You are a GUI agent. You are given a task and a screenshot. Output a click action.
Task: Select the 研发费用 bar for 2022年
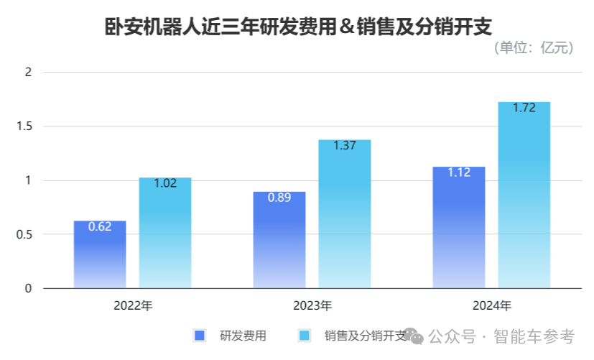(x=100, y=255)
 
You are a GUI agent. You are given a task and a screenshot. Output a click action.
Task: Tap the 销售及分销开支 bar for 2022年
(x=165, y=234)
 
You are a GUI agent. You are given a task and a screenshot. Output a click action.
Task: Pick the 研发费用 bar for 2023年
(x=279, y=241)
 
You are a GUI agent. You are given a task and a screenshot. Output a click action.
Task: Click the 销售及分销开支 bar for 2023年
(x=345, y=216)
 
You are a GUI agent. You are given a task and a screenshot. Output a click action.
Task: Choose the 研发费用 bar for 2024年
(x=459, y=229)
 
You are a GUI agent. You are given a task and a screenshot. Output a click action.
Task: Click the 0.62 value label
(x=100, y=227)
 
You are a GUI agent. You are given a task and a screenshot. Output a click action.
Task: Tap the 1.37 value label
(x=345, y=145)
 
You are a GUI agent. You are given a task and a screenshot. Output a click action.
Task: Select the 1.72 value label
(x=524, y=108)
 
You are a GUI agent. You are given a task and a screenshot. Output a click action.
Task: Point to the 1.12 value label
(x=459, y=172)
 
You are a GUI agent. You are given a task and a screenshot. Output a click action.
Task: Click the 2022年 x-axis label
(x=133, y=305)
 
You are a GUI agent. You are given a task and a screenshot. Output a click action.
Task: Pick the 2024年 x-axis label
(x=492, y=305)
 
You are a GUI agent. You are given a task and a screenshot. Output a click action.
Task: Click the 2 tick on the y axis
(x=29, y=72)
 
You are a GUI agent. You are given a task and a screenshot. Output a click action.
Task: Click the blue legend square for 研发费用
(x=200, y=336)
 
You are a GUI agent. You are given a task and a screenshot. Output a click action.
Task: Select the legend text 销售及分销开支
(x=366, y=336)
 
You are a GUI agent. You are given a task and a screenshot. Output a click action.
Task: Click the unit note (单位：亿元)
(x=534, y=48)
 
